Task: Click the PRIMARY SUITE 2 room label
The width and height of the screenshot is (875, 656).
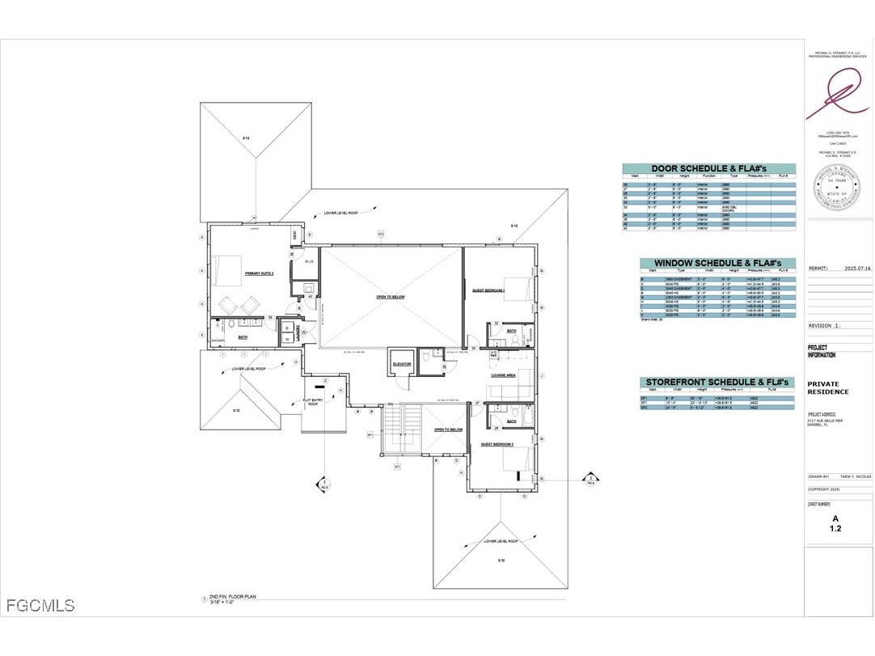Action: click(260, 274)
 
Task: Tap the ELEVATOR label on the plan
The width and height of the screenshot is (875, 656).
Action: click(403, 364)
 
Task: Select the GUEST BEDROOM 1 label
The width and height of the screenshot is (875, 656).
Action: click(488, 290)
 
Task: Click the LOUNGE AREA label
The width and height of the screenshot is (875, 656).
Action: click(503, 375)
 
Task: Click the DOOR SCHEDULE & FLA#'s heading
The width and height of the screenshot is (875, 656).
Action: click(708, 169)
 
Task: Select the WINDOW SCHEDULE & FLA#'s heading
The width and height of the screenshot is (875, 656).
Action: click(717, 264)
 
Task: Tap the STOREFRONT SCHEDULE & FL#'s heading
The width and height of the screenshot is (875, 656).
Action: click(717, 382)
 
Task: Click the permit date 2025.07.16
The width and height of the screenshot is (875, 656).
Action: click(856, 268)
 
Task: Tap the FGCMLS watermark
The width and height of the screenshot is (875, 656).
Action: click(40, 605)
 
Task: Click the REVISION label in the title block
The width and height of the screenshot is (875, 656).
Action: click(824, 326)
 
